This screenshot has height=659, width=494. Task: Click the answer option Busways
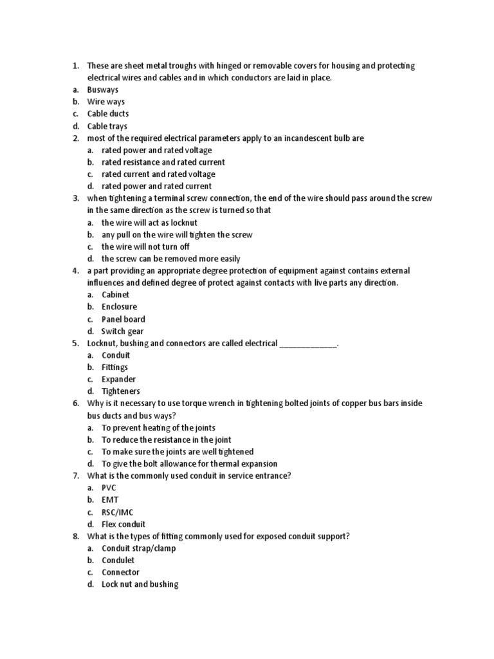[x=103, y=90]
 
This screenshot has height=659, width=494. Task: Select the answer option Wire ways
[x=106, y=102]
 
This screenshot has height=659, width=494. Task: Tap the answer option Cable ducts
[x=108, y=114]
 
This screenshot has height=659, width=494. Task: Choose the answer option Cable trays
[x=107, y=126]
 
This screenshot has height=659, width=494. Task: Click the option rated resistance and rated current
[x=163, y=162]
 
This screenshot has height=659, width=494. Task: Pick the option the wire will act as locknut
[x=149, y=223]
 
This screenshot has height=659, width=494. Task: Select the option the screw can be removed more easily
[x=171, y=259]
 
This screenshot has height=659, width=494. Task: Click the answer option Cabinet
[x=116, y=295]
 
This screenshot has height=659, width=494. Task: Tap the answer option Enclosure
[x=119, y=307]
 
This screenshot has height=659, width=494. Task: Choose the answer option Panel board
[x=123, y=319]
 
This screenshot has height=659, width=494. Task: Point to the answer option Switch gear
[x=123, y=331]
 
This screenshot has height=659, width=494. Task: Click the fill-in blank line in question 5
[x=308, y=344]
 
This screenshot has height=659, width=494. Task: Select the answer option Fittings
[x=115, y=367]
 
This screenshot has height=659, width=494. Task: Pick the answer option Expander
[x=118, y=380]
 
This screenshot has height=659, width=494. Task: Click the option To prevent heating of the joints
[x=158, y=428]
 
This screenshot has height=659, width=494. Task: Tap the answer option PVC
[x=109, y=488]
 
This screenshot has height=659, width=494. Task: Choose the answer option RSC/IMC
[x=118, y=512]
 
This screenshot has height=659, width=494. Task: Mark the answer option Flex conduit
[x=123, y=524]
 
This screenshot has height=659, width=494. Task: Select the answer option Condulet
[x=118, y=561]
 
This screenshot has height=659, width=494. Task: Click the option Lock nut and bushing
[x=140, y=584]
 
